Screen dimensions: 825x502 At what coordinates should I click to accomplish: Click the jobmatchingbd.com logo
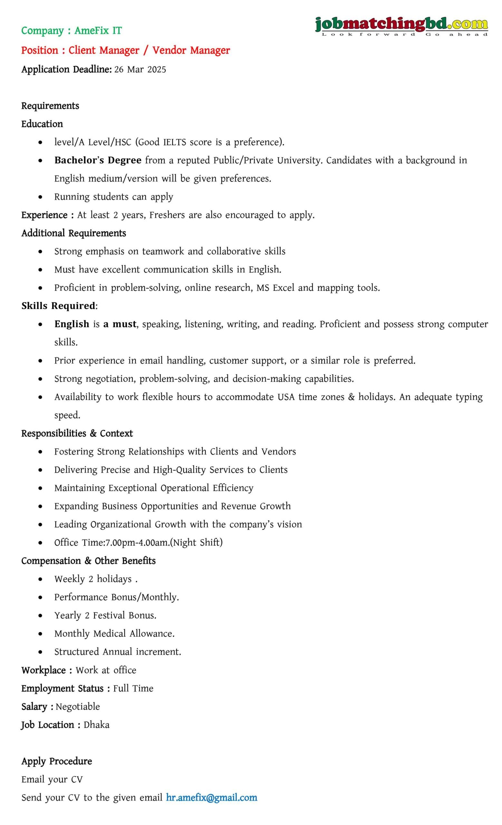click(x=401, y=26)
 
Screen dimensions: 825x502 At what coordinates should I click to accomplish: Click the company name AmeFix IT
click(x=98, y=31)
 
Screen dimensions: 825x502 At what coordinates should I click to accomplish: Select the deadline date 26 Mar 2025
click(x=140, y=69)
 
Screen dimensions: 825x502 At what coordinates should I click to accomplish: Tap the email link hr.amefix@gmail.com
click(x=211, y=797)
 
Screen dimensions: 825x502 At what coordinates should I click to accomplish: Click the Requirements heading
click(x=50, y=106)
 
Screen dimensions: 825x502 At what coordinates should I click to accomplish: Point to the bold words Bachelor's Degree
click(x=98, y=160)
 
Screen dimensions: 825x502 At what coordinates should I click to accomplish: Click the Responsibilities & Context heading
click(x=77, y=433)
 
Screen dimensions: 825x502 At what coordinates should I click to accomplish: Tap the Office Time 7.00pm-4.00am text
click(x=138, y=542)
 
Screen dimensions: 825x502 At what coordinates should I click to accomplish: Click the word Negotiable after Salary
click(x=78, y=706)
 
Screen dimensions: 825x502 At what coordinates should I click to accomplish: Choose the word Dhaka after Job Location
click(x=96, y=724)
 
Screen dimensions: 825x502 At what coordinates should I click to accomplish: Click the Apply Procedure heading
click(x=57, y=761)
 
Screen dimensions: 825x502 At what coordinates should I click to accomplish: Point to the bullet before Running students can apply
click(x=41, y=197)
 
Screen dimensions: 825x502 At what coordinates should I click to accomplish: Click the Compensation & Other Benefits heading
click(x=88, y=560)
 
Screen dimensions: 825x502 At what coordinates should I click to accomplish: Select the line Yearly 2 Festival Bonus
click(x=105, y=615)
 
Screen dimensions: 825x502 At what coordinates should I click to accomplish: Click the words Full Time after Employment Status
click(x=133, y=688)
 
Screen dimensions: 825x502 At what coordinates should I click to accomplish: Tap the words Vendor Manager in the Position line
click(x=191, y=50)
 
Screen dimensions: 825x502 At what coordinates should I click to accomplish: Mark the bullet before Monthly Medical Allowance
click(x=41, y=634)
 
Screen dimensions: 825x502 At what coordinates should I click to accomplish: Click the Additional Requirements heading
click(x=74, y=233)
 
